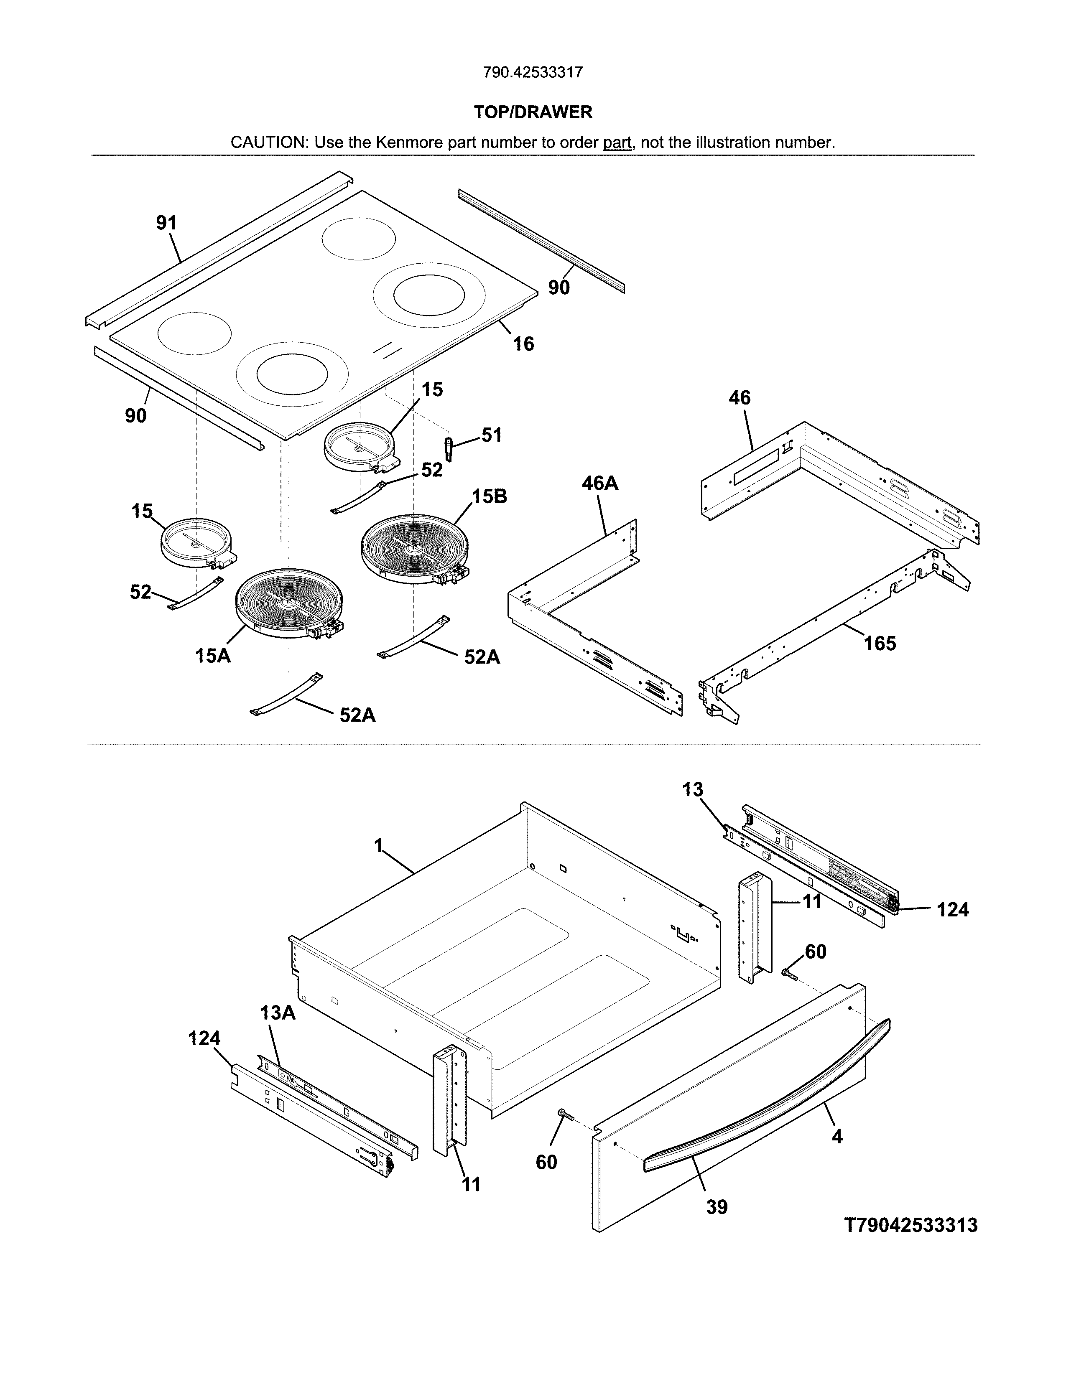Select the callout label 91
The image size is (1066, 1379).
(167, 223)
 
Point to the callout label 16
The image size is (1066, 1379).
(523, 344)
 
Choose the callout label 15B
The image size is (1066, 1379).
(490, 496)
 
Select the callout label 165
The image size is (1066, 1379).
(880, 644)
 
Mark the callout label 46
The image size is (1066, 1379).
(740, 398)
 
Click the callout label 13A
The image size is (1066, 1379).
(278, 1013)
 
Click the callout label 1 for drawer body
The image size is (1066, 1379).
(378, 845)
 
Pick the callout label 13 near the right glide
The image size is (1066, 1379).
(692, 790)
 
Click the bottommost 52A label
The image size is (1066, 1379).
(357, 715)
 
